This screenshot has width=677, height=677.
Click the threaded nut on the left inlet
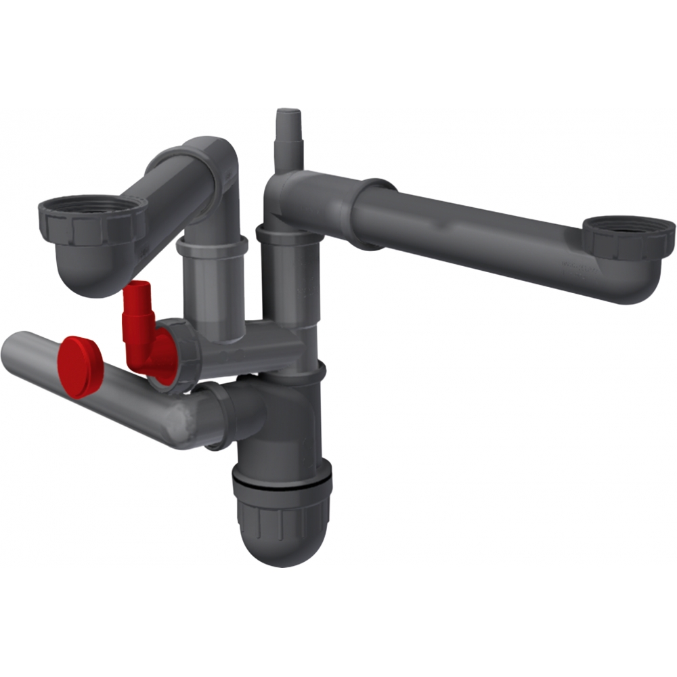pos(91,220)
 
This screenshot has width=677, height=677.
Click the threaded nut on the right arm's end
pos(628,237)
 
